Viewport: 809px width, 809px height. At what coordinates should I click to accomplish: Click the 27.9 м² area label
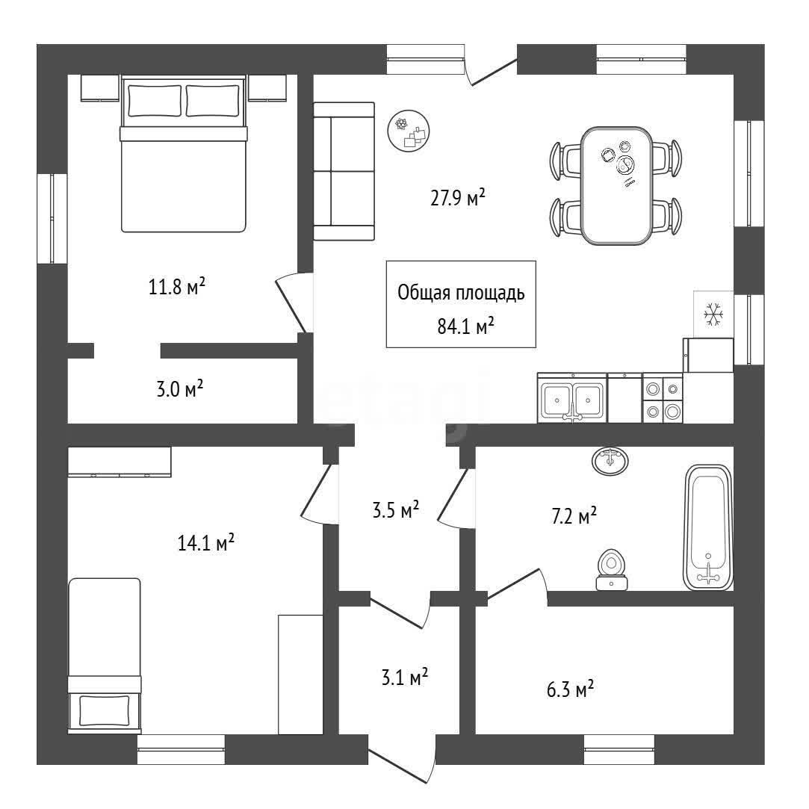[458, 198]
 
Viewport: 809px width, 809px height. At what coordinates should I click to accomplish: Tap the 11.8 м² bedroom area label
[177, 286]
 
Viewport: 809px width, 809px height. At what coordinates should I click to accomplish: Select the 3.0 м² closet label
[179, 388]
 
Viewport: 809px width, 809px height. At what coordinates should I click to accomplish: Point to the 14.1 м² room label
[206, 542]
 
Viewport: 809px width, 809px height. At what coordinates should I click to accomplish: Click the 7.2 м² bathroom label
[574, 515]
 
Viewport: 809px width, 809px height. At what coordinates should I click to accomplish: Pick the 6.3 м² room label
[570, 689]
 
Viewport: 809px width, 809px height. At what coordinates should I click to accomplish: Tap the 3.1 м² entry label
[405, 677]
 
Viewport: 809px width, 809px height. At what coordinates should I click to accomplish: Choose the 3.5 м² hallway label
[395, 509]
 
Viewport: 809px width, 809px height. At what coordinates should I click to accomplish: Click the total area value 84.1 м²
[466, 326]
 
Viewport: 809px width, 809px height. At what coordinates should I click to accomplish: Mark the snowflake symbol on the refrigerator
[713, 314]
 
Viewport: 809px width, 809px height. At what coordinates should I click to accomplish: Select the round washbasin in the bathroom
[610, 460]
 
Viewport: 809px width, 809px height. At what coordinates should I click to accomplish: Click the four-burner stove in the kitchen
[663, 398]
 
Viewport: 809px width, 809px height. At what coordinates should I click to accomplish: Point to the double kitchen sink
[572, 398]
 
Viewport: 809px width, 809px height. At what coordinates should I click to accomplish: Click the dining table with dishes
[616, 186]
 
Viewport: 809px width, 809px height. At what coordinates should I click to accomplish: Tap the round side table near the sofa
[409, 131]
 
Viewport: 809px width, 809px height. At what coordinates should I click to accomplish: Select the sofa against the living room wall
[344, 171]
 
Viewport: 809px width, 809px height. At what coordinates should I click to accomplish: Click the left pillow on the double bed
[155, 101]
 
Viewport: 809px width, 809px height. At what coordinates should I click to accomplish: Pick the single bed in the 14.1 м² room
[105, 655]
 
